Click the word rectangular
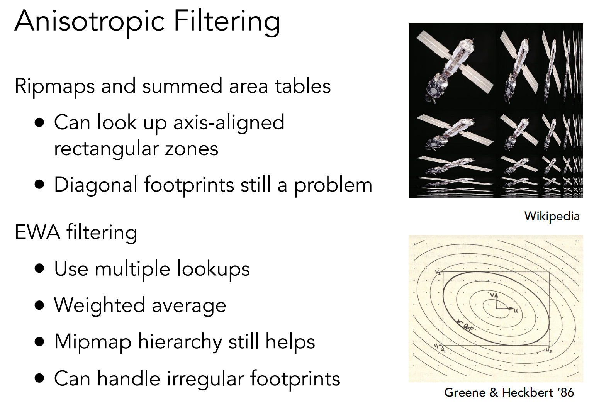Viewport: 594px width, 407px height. [x=106, y=149]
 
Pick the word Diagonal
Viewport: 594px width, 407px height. [x=96, y=185]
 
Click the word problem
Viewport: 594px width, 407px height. [x=333, y=185]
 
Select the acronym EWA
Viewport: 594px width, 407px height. [x=37, y=232]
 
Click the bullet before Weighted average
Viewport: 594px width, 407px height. [x=39, y=305]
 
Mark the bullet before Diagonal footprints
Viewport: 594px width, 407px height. [x=39, y=185]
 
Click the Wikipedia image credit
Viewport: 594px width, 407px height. [x=552, y=216]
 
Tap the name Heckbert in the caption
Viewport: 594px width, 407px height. [x=528, y=393]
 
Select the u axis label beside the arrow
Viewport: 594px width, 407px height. [x=516, y=310]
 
